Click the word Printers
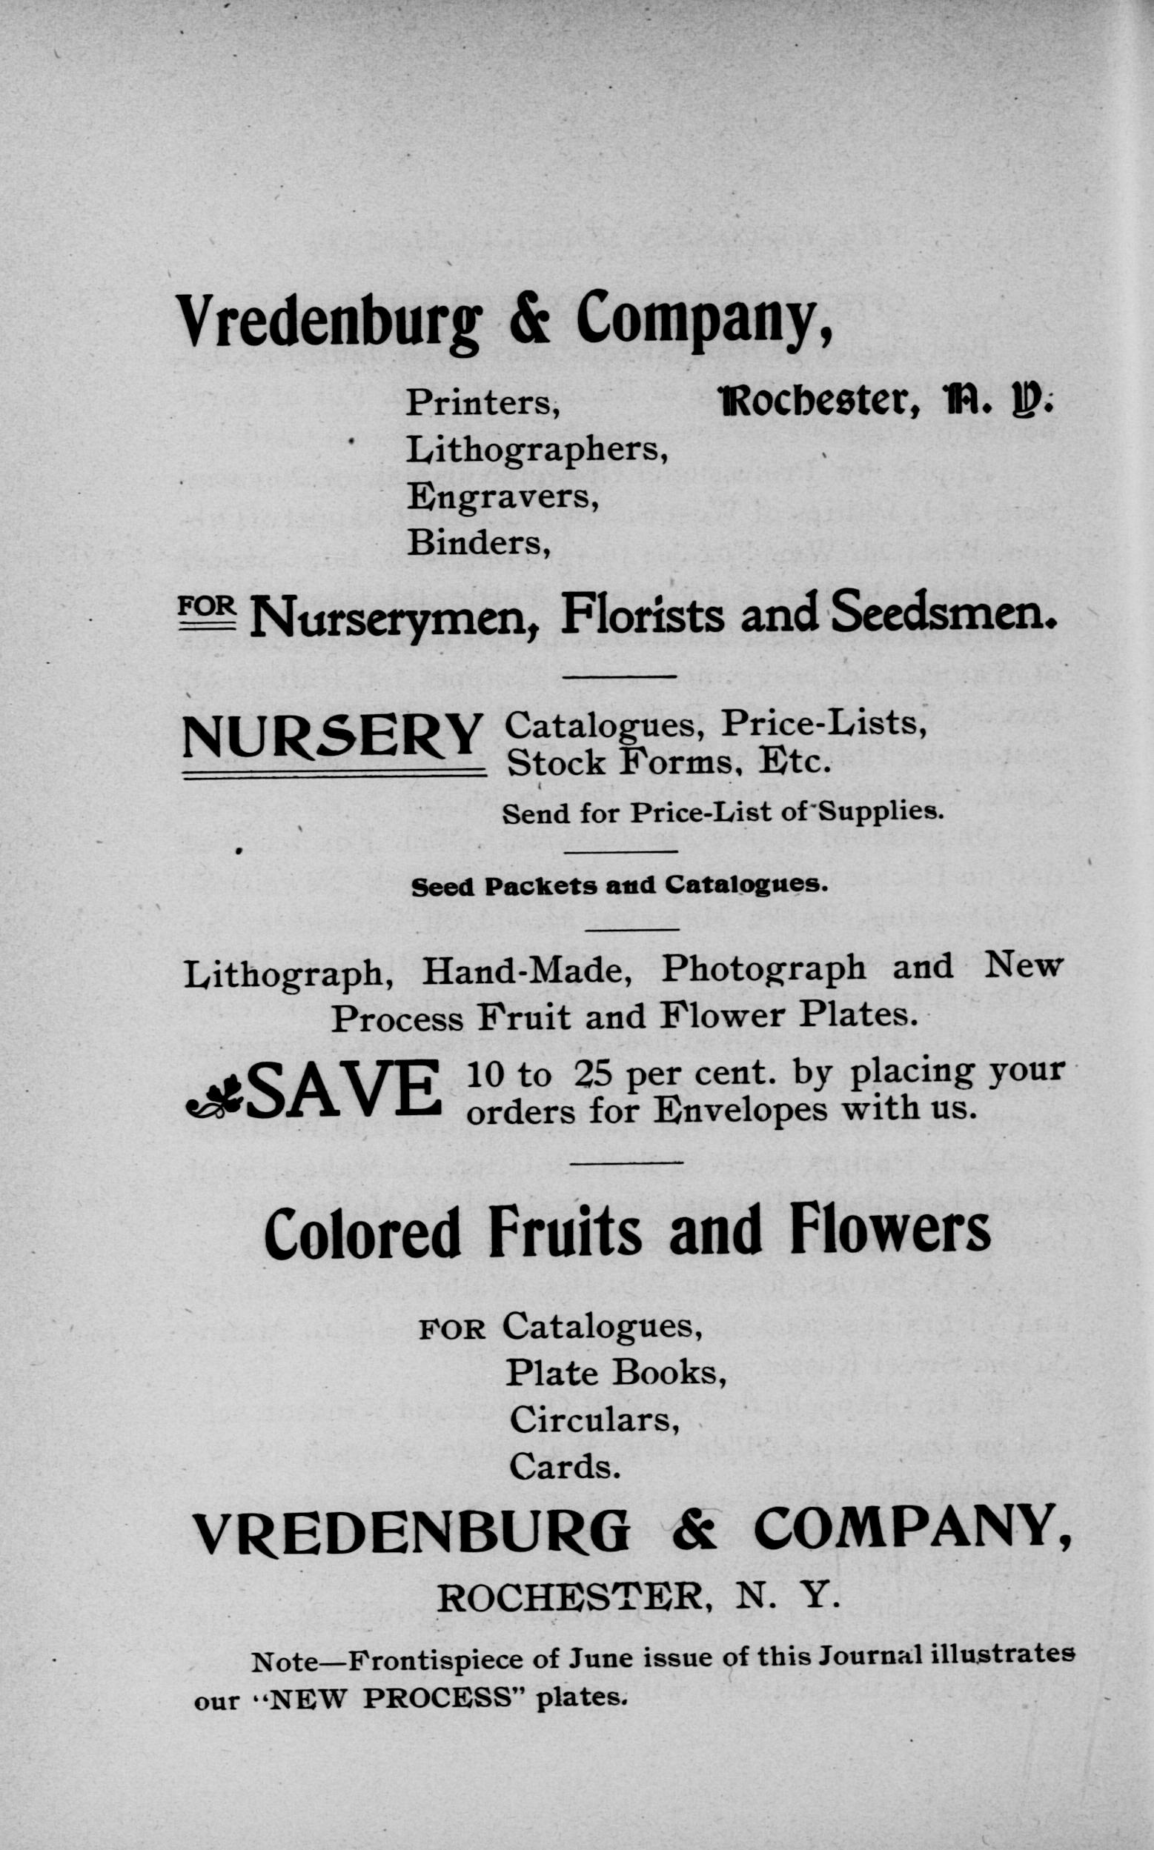(483, 403)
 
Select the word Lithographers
(537, 451)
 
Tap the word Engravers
(502, 497)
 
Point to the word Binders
(479, 543)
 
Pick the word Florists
(642, 614)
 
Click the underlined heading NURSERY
(333, 738)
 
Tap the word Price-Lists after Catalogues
(824, 723)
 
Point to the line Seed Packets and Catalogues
(619, 885)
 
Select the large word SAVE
(343, 1089)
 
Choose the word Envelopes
(740, 1111)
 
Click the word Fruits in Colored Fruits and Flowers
(565, 1231)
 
